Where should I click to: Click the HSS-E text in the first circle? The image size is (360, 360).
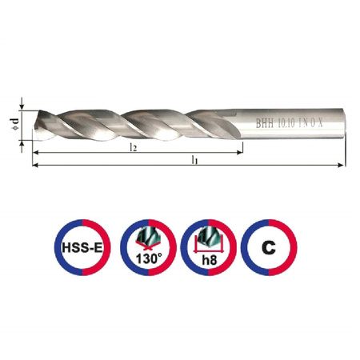click(82, 248)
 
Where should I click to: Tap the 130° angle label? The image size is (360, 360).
click(149, 258)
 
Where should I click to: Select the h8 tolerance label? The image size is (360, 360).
click(210, 259)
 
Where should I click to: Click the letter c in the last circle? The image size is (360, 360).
click(269, 247)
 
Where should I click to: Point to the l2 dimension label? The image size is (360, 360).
click(134, 147)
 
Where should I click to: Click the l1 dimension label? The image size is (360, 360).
click(194, 160)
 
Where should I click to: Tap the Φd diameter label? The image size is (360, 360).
click(15, 125)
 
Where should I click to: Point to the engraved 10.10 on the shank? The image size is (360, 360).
click(286, 123)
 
